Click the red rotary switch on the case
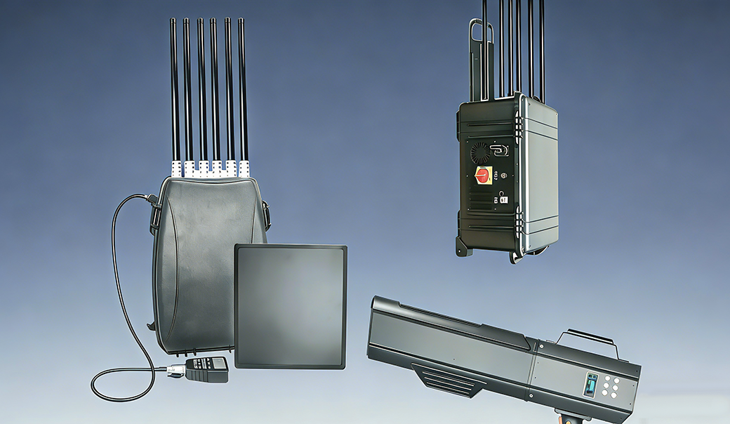[484, 174]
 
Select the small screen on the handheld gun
[591, 384]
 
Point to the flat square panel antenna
[290, 306]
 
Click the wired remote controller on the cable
[207, 368]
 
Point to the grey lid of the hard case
[540, 175]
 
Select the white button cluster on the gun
[610, 387]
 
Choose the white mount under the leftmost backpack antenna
[176, 168]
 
